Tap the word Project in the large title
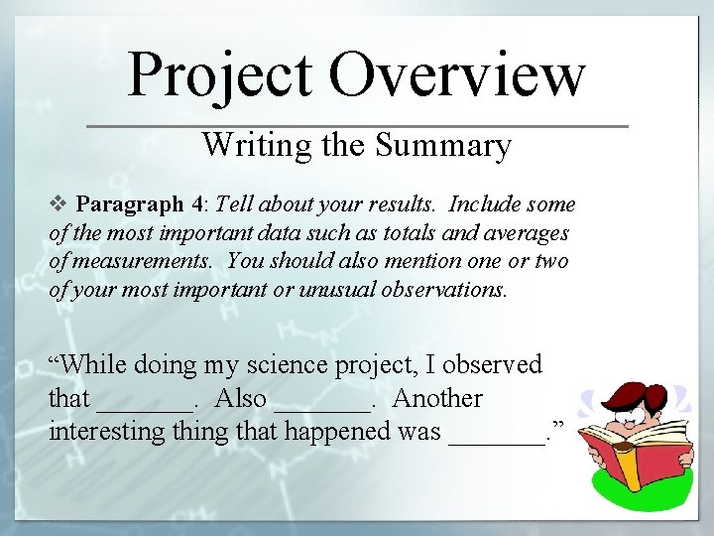220,76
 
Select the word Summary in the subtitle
443,146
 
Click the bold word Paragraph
130,205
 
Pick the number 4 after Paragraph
198,204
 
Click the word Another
437,398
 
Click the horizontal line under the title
357,126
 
